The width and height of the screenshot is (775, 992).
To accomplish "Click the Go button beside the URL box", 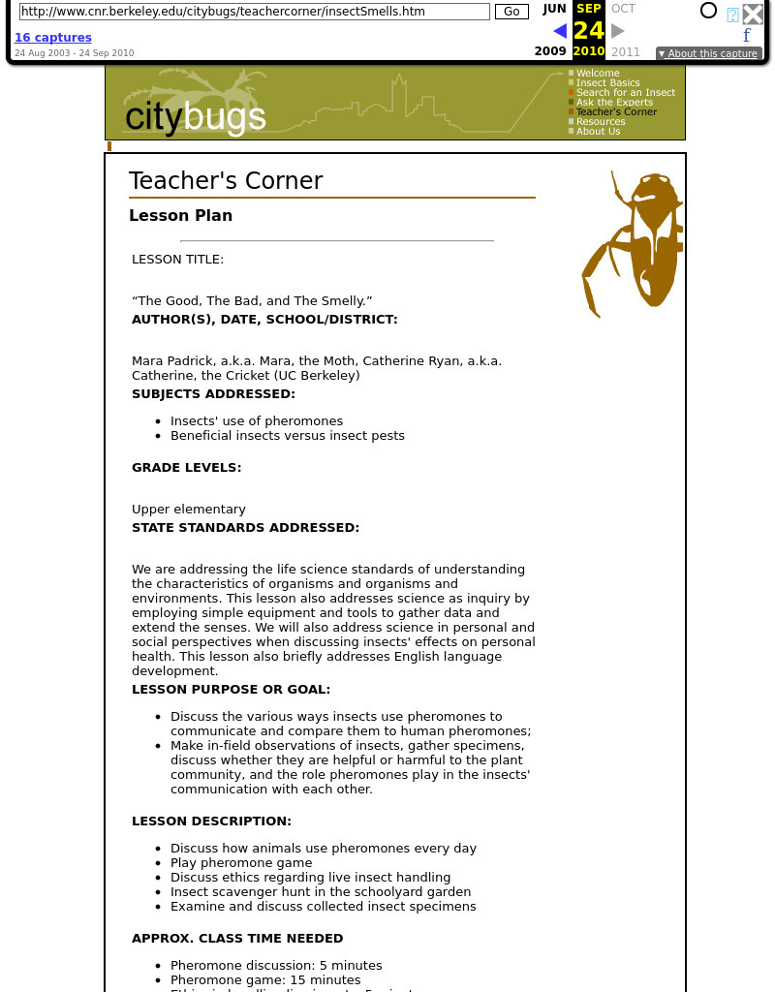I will click(511, 12).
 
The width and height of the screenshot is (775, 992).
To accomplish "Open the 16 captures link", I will click(53, 38).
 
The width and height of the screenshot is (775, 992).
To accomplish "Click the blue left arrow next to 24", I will click(560, 31).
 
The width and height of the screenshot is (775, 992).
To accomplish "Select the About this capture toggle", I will click(708, 54).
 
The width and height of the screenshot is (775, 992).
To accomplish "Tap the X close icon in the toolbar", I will click(753, 14).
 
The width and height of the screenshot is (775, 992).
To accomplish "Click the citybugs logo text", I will click(196, 117).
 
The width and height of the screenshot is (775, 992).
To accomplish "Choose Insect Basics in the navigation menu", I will click(607, 83).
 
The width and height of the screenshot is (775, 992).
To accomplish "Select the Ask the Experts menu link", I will click(614, 103).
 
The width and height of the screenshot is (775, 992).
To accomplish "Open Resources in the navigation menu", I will click(601, 122).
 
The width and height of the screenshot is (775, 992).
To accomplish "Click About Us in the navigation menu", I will click(598, 132).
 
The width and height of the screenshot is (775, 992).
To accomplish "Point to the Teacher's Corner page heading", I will click(226, 181).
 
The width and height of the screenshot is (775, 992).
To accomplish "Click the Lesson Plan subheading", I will click(180, 215).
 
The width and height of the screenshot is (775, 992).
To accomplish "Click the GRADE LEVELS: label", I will click(187, 467).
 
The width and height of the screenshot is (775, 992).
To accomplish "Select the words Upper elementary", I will click(189, 510).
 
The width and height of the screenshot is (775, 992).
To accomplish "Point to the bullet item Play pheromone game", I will click(241, 863).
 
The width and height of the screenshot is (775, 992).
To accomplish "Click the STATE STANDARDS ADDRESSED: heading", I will click(245, 528).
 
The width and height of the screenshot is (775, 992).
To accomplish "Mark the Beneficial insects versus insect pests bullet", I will click(288, 436).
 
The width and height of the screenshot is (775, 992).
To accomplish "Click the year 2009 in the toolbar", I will click(550, 51).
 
